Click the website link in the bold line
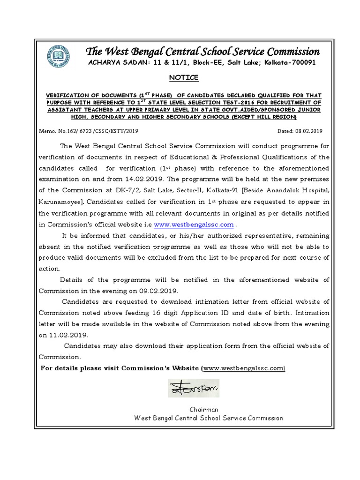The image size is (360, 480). pos(244,369)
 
